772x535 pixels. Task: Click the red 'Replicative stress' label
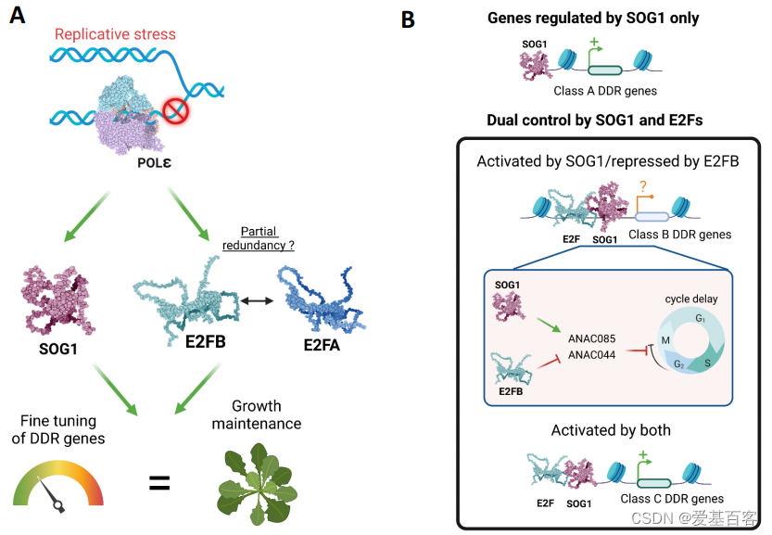115,35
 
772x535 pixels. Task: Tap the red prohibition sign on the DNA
175,112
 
